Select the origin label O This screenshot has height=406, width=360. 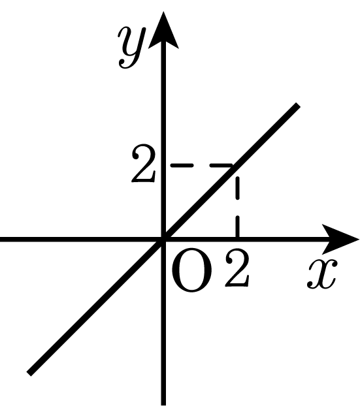[191, 270]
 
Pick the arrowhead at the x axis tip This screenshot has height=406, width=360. [340, 239]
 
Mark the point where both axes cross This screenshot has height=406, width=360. [163, 240]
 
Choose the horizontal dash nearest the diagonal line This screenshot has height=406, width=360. [221, 165]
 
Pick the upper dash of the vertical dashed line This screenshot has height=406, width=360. [237, 188]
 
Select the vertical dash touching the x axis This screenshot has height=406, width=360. [237, 226]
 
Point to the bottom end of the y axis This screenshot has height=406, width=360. [163, 405]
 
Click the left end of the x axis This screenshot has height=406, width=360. [1, 240]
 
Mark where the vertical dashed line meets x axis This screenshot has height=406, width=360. [237, 239]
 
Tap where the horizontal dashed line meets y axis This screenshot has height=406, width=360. [164, 165]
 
